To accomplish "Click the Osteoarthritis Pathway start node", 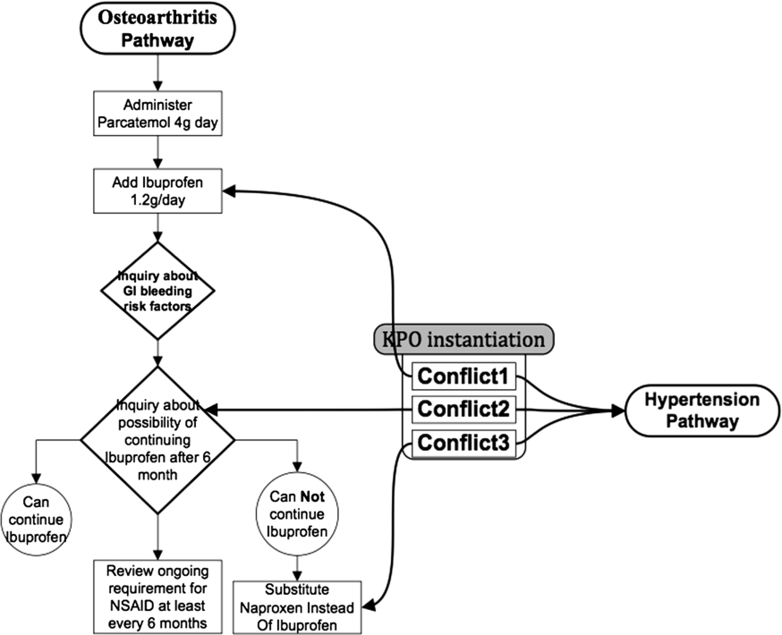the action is [157, 28].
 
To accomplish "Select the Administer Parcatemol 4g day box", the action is [157, 114].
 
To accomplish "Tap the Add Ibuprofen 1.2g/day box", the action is [157, 190].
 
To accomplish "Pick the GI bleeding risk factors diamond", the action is [157, 291].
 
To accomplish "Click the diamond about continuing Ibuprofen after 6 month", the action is [157, 440].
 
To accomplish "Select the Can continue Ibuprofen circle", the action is [36, 520].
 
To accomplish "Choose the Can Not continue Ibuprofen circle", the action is [297, 514].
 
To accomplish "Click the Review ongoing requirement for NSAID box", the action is [157, 597].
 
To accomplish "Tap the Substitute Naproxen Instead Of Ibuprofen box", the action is [297, 607].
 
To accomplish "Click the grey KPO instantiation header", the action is [463, 340].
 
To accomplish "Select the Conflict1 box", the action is [463, 377].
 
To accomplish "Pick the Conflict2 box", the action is [463, 410].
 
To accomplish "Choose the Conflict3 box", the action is [463, 443].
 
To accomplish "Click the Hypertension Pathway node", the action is [702, 411].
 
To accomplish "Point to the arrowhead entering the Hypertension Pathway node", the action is [618, 411].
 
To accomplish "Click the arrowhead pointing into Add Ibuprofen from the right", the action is [229, 190].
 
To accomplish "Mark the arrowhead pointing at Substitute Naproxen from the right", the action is [369, 607].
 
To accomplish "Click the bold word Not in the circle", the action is [312, 496].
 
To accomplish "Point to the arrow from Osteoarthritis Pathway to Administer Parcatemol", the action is [157, 72].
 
